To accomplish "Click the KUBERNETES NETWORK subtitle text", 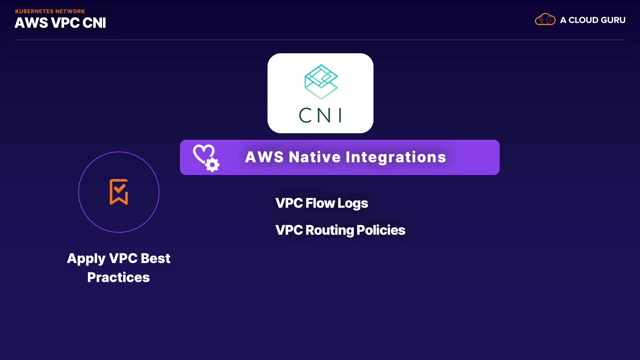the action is (x=50, y=11).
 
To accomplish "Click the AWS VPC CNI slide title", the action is (x=60, y=23).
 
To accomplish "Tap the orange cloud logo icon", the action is (x=545, y=19).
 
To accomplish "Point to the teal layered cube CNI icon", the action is (x=321, y=82).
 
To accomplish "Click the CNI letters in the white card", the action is (x=320, y=115).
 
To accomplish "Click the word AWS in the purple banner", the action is (x=264, y=157).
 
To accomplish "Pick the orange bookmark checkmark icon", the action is (x=119, y=192).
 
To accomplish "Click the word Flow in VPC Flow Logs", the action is (x=320, y=203).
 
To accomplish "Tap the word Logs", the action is (x=353, y=204).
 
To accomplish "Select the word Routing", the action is (x=330, y=230).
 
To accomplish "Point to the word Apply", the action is (x=86, y=259).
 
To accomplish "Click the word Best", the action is (x=156, y=258).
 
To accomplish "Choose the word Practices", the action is (x=118, y=277).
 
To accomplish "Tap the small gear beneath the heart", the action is (x=212, y=165).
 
